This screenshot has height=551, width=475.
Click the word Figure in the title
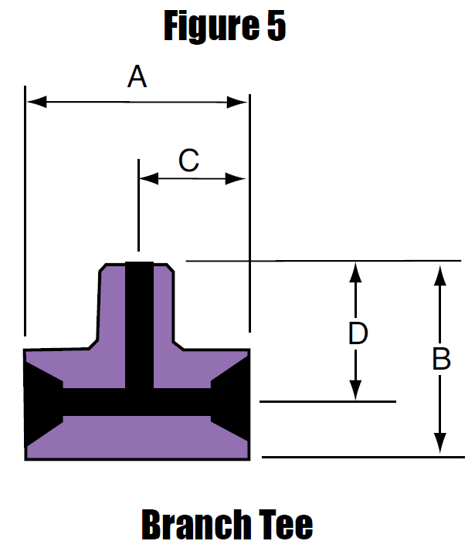point(212,25)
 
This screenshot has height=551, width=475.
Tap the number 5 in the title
point(277,25)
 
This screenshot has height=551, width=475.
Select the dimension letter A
point(137,76)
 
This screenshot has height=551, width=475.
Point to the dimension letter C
point(188,161)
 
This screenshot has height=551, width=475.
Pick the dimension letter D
point(358,333)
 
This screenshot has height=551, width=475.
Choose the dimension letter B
point(441,359)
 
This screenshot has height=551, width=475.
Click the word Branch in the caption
point(196,524)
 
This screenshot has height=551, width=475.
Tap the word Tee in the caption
point(286,524)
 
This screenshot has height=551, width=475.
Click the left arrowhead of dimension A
point(36,102)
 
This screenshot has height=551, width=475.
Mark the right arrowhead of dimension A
point(237,103)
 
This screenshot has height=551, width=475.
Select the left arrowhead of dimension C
point(149,178)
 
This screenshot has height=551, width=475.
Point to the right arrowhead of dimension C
point(236,178)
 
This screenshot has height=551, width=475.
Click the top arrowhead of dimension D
point(355,272)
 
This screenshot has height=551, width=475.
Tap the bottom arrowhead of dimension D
point(355,390)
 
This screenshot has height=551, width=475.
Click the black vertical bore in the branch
point(139,325)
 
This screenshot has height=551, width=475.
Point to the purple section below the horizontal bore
point(137,438)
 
